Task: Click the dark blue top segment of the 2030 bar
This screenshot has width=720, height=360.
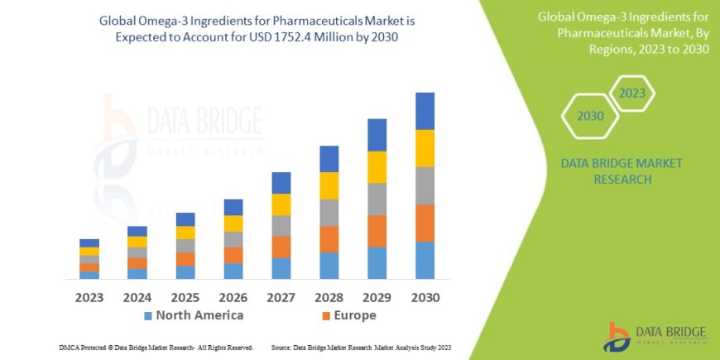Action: tap(425, 111)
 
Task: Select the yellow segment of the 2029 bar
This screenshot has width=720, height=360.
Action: tap(377, 167)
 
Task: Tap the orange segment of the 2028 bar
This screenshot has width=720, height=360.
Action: tap(329, 239)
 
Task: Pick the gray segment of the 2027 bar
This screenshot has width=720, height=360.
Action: tap(281, 226)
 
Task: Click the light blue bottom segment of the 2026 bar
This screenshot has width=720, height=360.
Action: tap(233, 271)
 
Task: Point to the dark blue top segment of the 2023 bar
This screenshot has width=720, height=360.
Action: tap(89, 243)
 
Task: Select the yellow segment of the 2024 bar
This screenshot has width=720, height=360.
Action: tap(137, 242)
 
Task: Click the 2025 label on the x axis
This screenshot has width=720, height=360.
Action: tap(185, 297)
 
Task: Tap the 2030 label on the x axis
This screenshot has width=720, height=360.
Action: tap(425, 297)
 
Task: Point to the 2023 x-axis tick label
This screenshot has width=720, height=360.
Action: tap(89, 297)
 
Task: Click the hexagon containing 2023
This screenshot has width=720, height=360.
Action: tap(631, 94)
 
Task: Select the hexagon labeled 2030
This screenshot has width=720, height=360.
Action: tap(590, 117)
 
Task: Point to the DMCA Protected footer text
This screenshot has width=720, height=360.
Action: tap(156, 348)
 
